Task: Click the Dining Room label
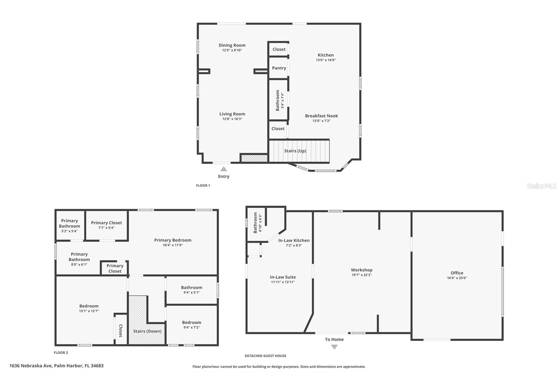pyautogui.click(x=232, y=45)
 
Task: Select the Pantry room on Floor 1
pyautogui.click(x=279, y=68)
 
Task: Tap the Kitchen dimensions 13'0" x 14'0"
pyautogui.click(x=326, y=60)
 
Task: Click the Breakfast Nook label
pyautogui.click(x=321, y=116)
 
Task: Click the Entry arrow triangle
pyautogui.click(x=224, y=169)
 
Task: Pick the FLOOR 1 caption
pyautogui.click(x=203, y=186)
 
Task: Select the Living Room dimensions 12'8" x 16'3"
pyautogui.click(x=232, y=119)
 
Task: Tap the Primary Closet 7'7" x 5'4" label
pyautogui.click(x=106, y=223)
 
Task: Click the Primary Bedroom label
pyautogui.click(x=173, y=240)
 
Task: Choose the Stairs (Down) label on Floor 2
pyautogui.click(x=147, y=331)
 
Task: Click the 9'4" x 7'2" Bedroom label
pyautogui.click(x=191, y=322)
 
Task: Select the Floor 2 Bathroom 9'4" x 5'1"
pyautogui.click(x=191, y=290)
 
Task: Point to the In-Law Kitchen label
pyautogui.click(x=294, y=240)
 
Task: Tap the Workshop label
pyautogui.click(x=361, y=270)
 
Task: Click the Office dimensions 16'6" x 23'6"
pyautogui.click(x=457, y=278)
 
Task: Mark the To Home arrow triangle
pyautogui.click(x=334, y=347)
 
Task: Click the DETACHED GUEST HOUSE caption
pyautogui.click(x=265, y=356)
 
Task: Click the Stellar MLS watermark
pyautogui.click(x=541, y=186)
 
